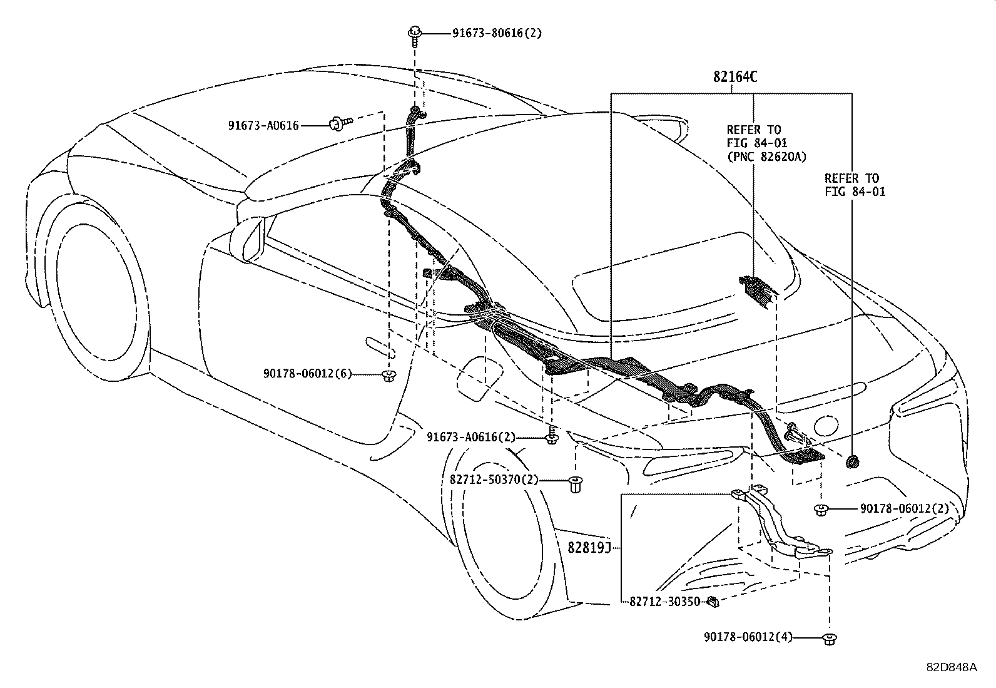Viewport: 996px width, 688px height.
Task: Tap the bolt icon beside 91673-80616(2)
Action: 415,33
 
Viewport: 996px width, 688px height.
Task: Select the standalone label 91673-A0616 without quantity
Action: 263,125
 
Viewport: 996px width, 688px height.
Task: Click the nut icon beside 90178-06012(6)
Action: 389,376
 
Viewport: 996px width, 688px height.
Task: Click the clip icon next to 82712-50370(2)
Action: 575,484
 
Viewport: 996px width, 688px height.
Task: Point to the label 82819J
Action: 589,547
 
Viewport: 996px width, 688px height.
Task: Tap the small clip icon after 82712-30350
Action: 712,602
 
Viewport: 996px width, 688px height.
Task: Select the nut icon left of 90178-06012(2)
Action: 821,510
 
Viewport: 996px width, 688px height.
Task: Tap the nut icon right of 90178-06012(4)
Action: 830,639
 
